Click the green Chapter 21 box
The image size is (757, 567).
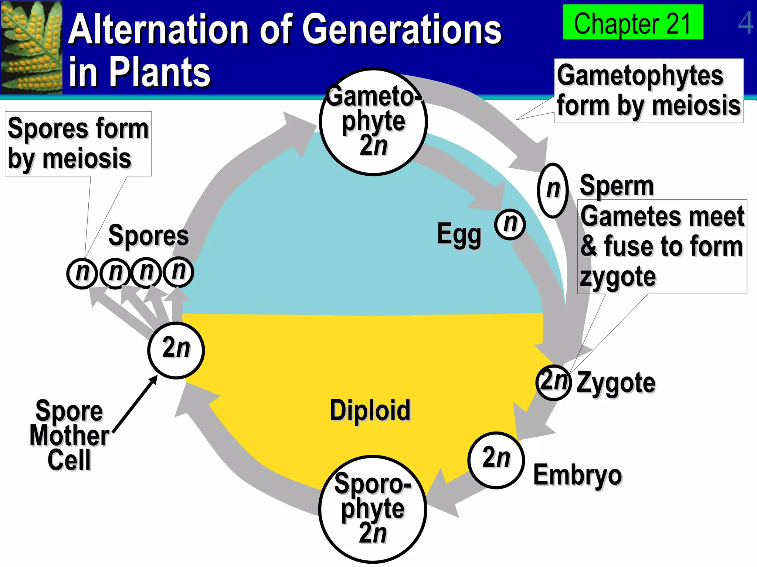pyautogui.click(x=632, y=22)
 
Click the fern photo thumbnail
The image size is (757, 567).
pyautogui.click(x=31, y=47)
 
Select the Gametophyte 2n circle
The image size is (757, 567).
pyautogui.click(x=373, y=122)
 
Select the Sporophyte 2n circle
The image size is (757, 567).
pyautogui.click(x=373, y=509)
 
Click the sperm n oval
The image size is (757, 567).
pyautogui.click(x=553, y=190)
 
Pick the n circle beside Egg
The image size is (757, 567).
pyautogui.click(x=510, y=224)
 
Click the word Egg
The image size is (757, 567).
pyautogui.click(x=459, y=234)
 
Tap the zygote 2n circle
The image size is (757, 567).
pyautogui.click(x=553, y=382)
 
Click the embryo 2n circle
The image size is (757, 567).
pyautogui.click(x=496, y=460)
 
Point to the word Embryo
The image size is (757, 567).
pyautogui.click(x=577, y=475)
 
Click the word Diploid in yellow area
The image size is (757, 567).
pyautogui.click(x=370, y=410)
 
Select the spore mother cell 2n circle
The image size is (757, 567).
pyautogui.click(x=176, y=350)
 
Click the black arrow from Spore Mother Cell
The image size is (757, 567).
pyautogui.click(x=135, y=404)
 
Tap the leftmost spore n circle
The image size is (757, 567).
pyautogui.click(x=82, y=274)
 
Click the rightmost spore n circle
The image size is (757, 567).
pyautogui.click(x=179, y=272)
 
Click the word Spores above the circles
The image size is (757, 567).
pyautogui.click(x=148, y=236)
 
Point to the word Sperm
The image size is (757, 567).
pyautogui.click(x=617, y=186)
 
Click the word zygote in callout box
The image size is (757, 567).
pyautogui.click(x=618, y=277)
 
